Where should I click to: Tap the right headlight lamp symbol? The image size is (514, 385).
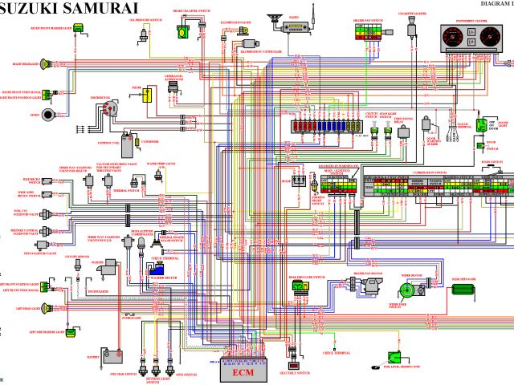[50, 63]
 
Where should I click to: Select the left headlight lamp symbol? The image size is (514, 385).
[50, 308]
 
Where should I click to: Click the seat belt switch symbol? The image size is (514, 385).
[295, 367]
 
